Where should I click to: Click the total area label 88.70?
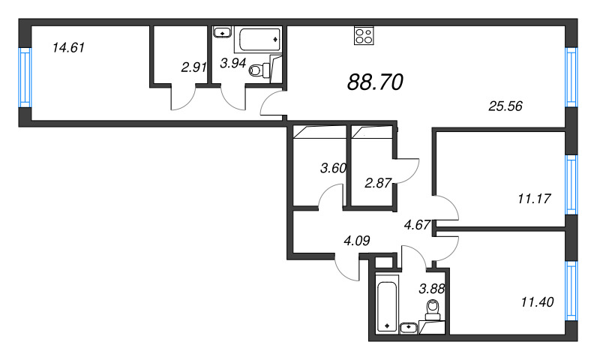pos(376,82)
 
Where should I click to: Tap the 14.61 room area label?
pos(68,48)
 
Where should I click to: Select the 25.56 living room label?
pos(504,106)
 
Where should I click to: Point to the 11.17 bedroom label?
pos(535,199)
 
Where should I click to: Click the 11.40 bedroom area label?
pos(537,302)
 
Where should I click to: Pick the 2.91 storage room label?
pos(193,67)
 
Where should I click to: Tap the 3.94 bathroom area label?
pos(232,63)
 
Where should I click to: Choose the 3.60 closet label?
pos(332,168)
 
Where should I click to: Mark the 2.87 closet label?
pos(377,182)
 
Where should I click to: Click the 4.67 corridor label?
pos(416,224)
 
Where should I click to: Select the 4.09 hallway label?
pos(357,241)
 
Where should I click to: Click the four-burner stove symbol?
pos(364,37)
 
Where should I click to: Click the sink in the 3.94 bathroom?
pos(222,32)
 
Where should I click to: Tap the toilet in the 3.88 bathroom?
pos(433,309)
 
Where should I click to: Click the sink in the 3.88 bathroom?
pos(409,327)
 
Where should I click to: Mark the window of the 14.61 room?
pos(25,78)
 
